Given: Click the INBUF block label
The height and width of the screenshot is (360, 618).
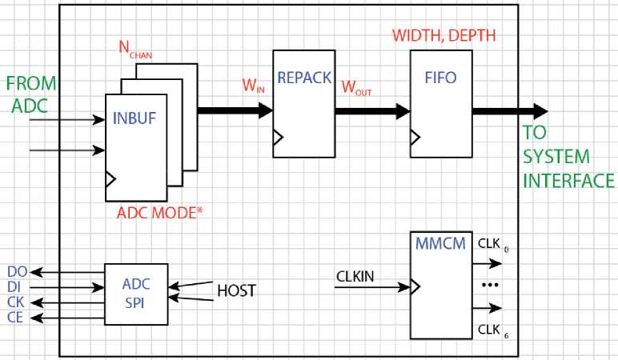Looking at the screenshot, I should click(135, 120).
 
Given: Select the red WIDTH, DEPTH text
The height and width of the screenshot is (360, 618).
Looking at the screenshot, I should click(444, 36).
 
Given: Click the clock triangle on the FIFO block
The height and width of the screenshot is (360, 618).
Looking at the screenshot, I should click(415, 138).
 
